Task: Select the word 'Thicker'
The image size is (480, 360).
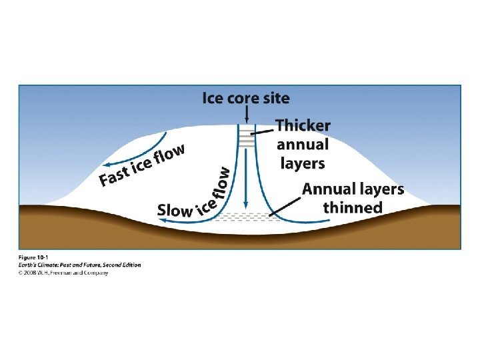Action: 303,125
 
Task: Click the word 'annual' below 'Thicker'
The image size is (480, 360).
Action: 303,144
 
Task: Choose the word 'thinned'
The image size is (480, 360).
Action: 353,207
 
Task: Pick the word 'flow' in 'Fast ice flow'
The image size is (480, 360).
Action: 169,155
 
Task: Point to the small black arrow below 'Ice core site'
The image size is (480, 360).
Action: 247,117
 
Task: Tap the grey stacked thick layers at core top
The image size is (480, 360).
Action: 247,137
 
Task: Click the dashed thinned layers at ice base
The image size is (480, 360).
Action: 247,216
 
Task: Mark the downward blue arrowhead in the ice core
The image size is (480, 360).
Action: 247,203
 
